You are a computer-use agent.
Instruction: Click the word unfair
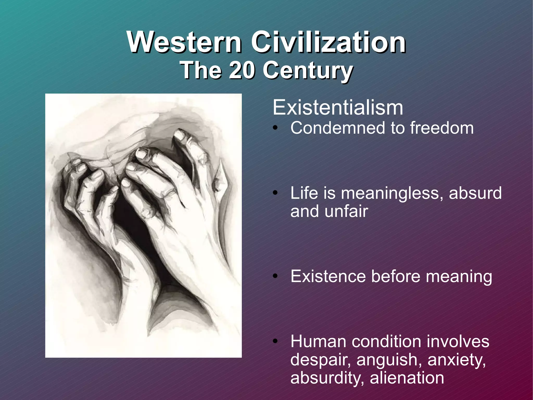(346, 211)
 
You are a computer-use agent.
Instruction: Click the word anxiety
(456, 360)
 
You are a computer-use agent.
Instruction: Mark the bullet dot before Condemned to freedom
(275, 128)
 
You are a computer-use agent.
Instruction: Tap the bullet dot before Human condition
(275, 342)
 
